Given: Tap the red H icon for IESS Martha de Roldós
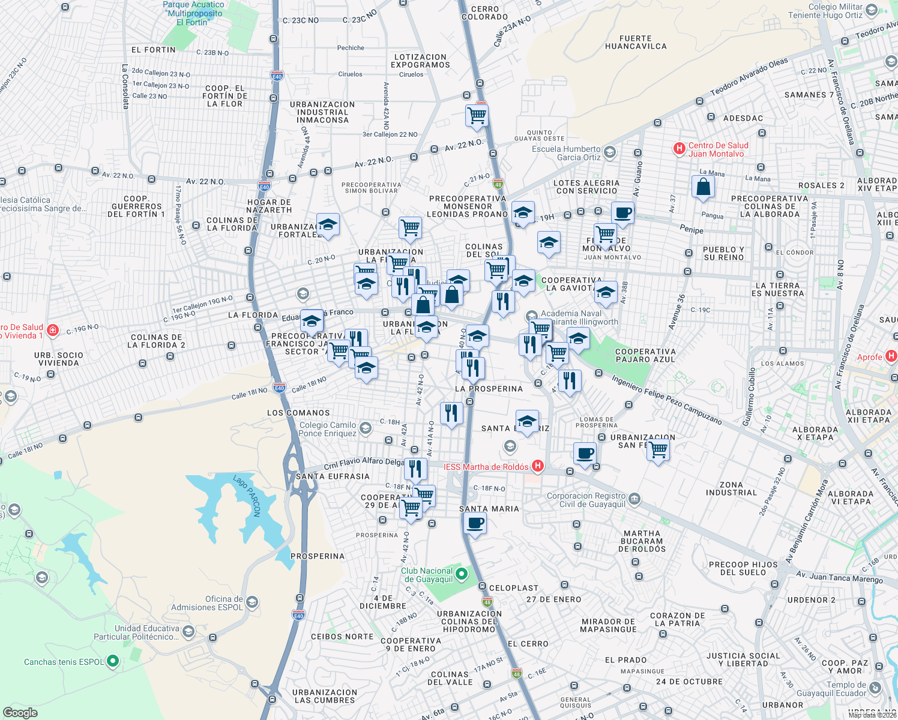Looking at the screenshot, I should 538,466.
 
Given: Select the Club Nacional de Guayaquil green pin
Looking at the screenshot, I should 462,575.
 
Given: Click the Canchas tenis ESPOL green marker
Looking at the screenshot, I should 112,661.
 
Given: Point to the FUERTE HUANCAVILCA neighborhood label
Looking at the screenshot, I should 636,42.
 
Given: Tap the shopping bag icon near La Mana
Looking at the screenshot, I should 703,187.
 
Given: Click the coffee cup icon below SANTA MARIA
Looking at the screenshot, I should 475,523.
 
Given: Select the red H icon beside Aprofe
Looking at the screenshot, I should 891,356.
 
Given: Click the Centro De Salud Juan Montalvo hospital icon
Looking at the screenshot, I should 679,149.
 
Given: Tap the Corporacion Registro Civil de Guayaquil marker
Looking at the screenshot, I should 634,499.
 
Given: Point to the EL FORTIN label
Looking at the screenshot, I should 154,50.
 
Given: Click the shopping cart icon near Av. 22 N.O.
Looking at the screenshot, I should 477,115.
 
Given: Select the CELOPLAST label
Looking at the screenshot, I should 514,588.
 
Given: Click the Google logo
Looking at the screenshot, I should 20,712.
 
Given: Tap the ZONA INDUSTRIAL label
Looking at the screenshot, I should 731,488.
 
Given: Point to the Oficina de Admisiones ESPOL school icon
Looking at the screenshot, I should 252,602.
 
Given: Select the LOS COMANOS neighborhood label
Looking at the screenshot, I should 298,413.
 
